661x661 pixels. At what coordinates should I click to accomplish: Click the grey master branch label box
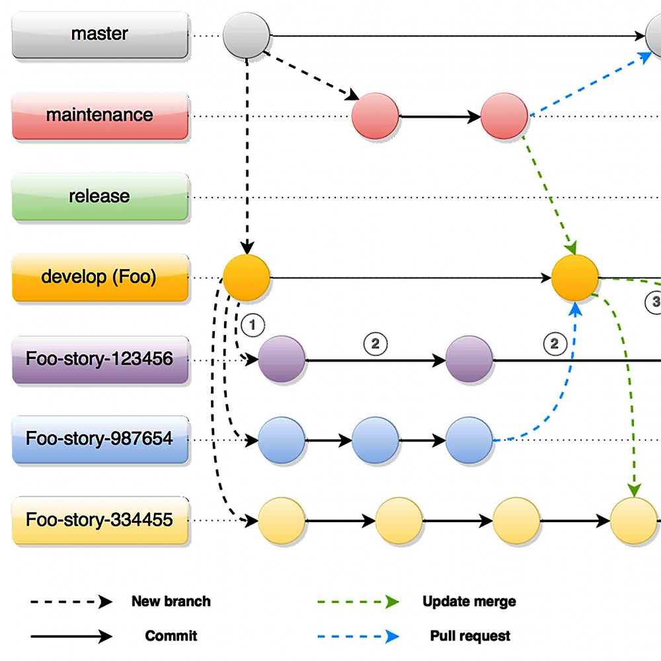pyautogui.click(x=100, y=34)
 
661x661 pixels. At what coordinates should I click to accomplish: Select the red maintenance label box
pyautogui.click(x=100, y=116)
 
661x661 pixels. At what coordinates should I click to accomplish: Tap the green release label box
pyautogui.click(x=100, y=197)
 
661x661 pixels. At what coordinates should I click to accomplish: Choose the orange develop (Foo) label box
pyautogui.click(x=100, y=277)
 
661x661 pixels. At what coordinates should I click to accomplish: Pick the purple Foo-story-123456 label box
pyautogui.click(x=100, y=360)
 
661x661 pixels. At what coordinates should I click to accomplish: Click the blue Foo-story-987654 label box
pyautogui.click(x=100, y=439)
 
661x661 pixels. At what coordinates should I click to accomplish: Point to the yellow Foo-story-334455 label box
pyautogui.click(x=100, y=520)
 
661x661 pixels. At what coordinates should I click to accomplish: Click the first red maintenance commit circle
pyautogui.click(x=375, y=116)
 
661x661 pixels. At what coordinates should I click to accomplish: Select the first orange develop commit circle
pyautogui.click(x=247, y=278)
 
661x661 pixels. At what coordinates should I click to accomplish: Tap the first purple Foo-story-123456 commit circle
pyautogui.click(x=282, y=360)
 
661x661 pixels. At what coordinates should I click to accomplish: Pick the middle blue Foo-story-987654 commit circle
pyautogui.click(x=375, y=440)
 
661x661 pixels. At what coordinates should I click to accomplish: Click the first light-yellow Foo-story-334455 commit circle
pyautogui.click(x=282, y=521)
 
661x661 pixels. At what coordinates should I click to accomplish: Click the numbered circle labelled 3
pyautogui.click(x=654, y=301)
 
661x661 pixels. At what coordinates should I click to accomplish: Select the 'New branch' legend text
pyautogui.click(x=171, y=602)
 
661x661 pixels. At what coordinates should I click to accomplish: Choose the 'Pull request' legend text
pyautogui.click(x=470, y=636)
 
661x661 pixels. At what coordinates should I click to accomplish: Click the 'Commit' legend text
pyautogui.click(x=171, y=636)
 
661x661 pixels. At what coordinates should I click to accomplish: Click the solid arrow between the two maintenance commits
pyautogui.click(x=440, y=117)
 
